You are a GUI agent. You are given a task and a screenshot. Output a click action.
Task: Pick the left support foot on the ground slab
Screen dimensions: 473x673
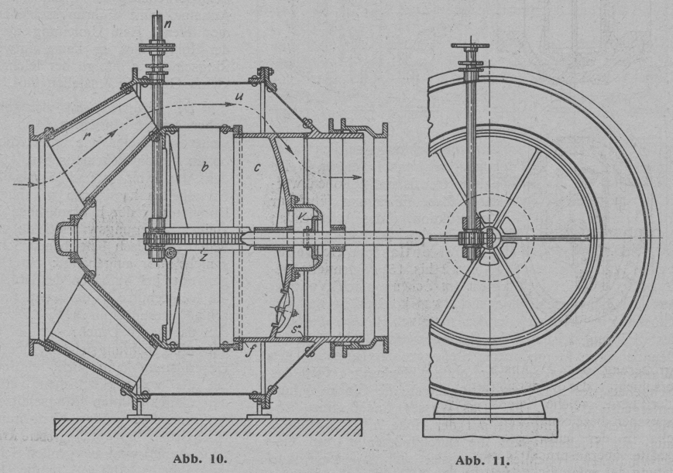pyautogui.click(x=139, y=409)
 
